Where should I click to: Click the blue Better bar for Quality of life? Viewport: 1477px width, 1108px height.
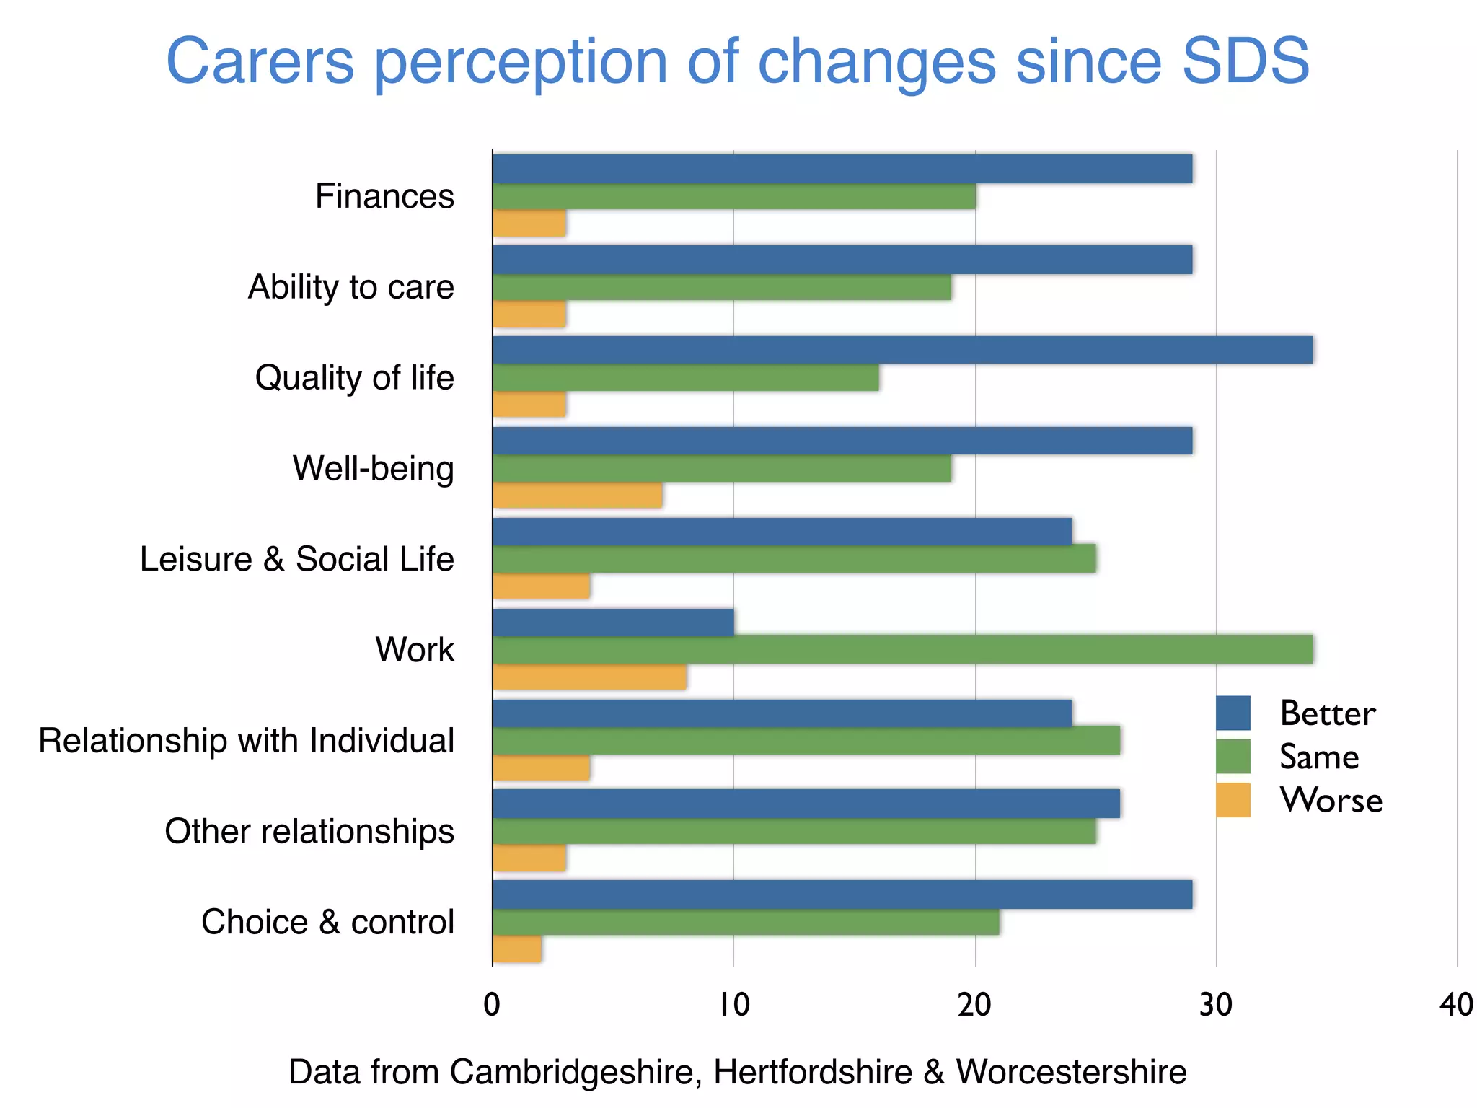click(901, 350)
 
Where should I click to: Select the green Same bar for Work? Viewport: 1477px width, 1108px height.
click(901, 650)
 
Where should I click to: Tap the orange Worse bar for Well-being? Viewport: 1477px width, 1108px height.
click(577, 496)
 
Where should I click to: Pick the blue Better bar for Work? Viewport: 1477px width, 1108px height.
click(613, 623)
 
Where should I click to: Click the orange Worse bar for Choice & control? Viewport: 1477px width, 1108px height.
click(517, 949)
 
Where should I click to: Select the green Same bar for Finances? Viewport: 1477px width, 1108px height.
click(733, 197)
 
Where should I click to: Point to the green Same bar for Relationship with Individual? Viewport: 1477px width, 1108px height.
click(806, 741)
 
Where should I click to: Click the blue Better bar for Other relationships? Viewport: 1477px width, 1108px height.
click(806, 804)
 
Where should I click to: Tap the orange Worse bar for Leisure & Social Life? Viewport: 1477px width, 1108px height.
click(541, 586)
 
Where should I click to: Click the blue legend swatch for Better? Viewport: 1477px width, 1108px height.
click(1233, 713)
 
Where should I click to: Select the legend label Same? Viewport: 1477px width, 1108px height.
click(1319, 757)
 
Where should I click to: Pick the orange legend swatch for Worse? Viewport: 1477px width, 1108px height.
click(1233, 800)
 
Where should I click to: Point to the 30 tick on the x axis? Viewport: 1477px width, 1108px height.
click(1216, 1005)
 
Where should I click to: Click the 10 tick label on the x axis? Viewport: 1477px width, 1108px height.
click(733, 1005)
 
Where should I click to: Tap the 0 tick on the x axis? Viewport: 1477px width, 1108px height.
click(492, 1005)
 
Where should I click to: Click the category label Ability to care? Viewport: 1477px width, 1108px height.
click(350, 287)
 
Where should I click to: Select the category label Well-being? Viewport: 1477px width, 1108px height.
click(373, 468)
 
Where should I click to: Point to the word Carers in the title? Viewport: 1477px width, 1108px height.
click(260, 61)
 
